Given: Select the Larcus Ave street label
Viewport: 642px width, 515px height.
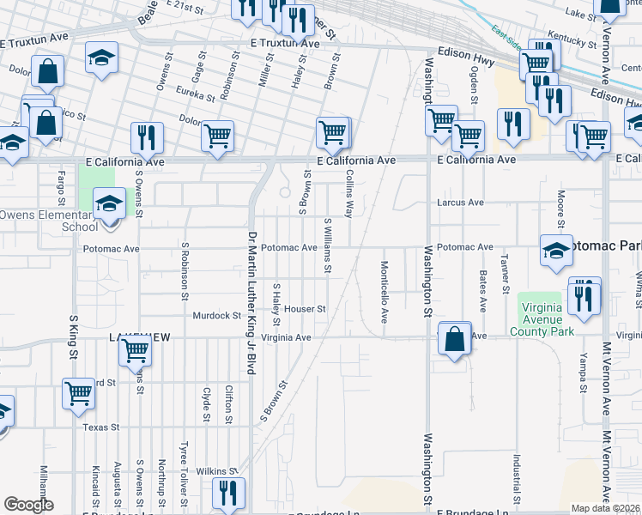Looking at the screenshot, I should [x=460, y=203].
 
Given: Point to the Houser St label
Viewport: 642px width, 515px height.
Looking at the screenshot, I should [x=306, y=309].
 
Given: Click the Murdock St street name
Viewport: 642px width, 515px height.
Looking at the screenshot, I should [x=216, y=316].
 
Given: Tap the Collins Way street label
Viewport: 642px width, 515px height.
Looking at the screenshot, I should [x=349, y=191].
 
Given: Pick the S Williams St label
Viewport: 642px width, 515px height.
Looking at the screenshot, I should [x=327, y=245].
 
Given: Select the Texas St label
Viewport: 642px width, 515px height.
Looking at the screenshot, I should [x=100, y=427].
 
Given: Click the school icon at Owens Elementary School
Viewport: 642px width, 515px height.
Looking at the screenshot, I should [x=109, y=205].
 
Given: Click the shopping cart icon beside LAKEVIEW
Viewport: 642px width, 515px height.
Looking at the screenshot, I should [x=135, y=348].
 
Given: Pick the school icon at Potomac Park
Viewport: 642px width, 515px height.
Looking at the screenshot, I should [x=556, y=250].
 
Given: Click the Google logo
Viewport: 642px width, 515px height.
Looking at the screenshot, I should [x=28, y=505].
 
